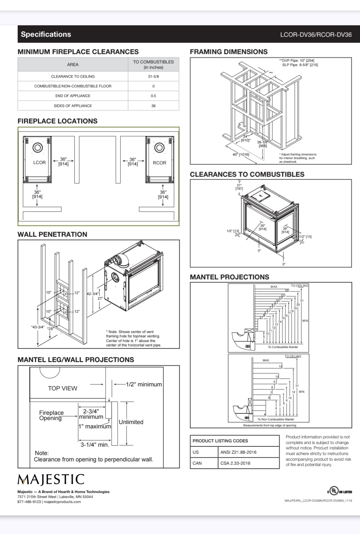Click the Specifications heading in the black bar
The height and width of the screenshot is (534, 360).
[x=46, y=34]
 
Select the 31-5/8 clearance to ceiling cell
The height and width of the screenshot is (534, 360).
[x=153, y=76]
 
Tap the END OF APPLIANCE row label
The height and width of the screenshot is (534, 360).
[x=73, y=96]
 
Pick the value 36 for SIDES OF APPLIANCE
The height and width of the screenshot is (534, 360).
[x=153, y=106]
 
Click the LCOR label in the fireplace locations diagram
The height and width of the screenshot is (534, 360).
[x=39, y=163]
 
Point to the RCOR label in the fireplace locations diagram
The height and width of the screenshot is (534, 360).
[x=159, y=163]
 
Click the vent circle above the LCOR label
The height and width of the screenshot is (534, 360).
[x=38, y=148]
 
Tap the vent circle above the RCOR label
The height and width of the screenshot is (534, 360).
[x=159, y=148]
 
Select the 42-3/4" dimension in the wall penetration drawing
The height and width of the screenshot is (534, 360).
[x=93, y=294]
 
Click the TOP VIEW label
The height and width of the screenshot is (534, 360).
[x=62, y=388]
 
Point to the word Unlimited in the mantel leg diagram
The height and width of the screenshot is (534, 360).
[x=131, y=422]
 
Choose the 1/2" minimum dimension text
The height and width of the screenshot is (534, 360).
[x=144, y=384]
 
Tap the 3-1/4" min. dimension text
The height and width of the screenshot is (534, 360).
[x=95, y=445]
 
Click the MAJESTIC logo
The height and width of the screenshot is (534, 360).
[x=51, y=479]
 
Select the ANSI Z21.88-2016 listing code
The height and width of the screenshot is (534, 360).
[x=238, y=452]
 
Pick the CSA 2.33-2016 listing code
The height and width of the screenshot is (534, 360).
[x=235, y=463]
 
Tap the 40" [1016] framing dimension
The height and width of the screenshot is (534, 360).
[x=241, y=155]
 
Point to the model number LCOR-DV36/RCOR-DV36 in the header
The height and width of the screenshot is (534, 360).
[x=316, y=35]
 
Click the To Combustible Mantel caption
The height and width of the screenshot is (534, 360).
[x=283, y=347]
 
